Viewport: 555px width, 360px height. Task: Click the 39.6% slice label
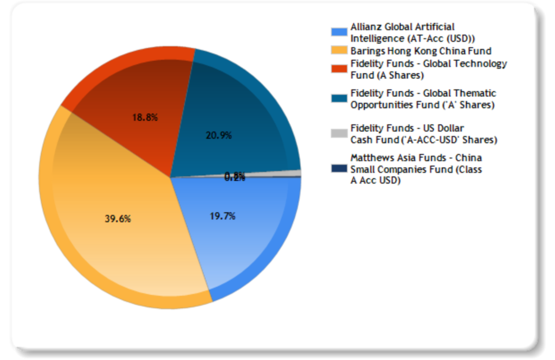(118, 219)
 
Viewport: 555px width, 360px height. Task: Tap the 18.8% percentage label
(145, 117)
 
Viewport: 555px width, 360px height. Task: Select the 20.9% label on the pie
(219, 135)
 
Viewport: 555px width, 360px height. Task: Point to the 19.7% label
(222, 216)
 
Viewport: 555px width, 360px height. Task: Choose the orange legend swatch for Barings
(339, 51)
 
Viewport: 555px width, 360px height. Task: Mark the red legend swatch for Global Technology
(339, 68)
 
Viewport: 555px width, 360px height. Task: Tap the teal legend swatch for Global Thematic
(339, 98)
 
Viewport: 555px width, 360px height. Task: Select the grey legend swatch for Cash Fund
(339, 133)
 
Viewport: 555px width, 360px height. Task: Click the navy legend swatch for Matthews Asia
(339, 169)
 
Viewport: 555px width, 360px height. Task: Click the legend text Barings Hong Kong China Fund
(421, 51)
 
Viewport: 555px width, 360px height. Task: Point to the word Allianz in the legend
(364, 27)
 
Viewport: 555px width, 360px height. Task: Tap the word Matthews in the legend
(370, 157)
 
